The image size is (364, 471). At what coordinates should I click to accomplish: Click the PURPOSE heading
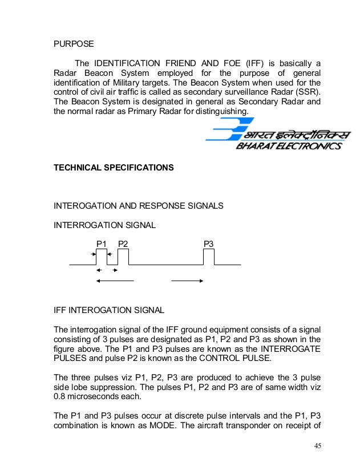[74, 43]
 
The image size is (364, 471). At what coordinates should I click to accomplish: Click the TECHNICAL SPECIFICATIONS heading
[113, 168]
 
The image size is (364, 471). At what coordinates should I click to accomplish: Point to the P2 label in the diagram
[123, 244]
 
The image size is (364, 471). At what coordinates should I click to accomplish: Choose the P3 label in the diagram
[209, 244]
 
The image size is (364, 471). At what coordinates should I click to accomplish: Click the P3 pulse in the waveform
[209, 257]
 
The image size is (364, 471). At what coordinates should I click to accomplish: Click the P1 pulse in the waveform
[102, 257]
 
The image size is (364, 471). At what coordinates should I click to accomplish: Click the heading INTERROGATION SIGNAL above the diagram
[104, 225]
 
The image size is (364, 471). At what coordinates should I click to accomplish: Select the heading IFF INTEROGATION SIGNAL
[108, 311]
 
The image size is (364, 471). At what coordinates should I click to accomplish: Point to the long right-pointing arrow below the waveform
[187, 281]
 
